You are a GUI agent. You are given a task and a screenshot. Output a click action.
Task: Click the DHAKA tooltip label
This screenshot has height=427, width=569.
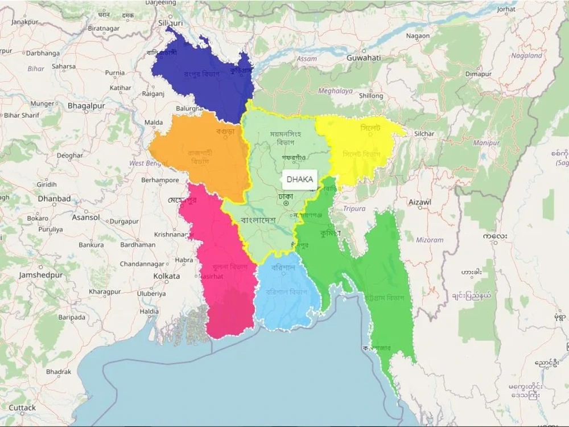click(299, 179)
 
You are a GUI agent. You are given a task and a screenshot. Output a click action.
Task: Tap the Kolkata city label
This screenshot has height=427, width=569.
click(166, 276)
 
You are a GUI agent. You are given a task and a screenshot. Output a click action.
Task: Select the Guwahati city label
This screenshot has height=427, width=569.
click(364, 58)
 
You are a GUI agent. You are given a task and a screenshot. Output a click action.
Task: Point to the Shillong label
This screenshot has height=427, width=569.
click(371, 96)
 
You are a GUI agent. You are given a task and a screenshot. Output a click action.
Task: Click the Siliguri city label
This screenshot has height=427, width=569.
click(170, 23)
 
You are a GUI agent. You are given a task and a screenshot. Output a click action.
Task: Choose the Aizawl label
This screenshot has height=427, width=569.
click(420, 202)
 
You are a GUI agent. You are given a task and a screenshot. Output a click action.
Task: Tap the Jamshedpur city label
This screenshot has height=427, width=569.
click(41, 275)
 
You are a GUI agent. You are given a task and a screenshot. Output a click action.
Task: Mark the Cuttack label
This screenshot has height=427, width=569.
click(22, 408)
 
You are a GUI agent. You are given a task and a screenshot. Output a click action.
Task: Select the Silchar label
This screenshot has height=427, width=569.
click(424, 134)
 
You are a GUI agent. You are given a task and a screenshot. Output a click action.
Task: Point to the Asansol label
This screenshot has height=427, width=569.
click(86, 217)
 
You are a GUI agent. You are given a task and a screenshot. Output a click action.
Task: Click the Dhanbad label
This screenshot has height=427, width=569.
click(54, 199)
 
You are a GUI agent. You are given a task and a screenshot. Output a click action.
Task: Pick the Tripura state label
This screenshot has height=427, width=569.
click(354, 209)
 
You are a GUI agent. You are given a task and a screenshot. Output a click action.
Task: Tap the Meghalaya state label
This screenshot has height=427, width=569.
click(335, 91)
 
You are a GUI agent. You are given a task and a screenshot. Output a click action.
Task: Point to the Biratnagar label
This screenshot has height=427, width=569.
click(104, 28)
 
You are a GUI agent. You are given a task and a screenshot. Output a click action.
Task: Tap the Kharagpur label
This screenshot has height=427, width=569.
click(105, 291)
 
